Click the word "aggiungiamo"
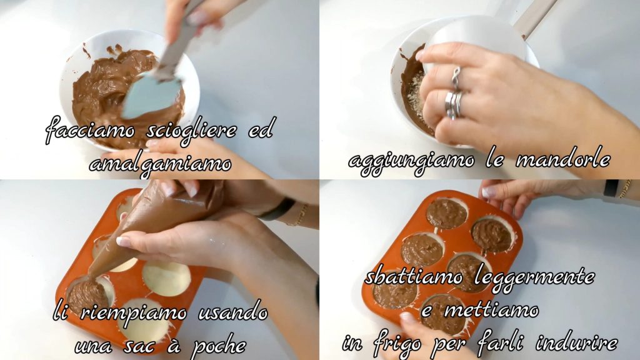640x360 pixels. click(x=411, y=162)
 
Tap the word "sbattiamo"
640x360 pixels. click(x=414, y=277)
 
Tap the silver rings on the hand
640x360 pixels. click(x=454, y=97)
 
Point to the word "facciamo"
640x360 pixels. click(x=90, y=131)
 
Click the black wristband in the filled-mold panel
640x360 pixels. click(x=611, y=187)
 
